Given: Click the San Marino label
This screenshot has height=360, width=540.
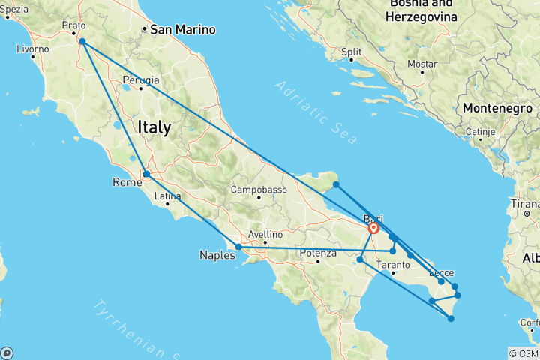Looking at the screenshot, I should [183, 31].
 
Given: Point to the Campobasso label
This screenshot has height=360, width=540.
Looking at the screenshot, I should [259, 190].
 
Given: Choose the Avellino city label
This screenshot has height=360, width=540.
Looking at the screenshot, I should [264, 234].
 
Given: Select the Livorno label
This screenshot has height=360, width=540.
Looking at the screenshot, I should [34, 49].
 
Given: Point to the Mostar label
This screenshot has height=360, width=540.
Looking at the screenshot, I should [421, 64].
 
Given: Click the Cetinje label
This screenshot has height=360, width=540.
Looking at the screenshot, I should [477, 132].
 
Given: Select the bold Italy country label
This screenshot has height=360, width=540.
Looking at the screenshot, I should [154, 128].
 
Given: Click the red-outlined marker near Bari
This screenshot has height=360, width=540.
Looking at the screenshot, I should [373, 229].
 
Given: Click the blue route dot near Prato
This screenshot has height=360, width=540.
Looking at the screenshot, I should [82, 42].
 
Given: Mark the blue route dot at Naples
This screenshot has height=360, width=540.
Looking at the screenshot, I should [238, 246].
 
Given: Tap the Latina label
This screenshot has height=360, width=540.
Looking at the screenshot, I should [167, 196].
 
